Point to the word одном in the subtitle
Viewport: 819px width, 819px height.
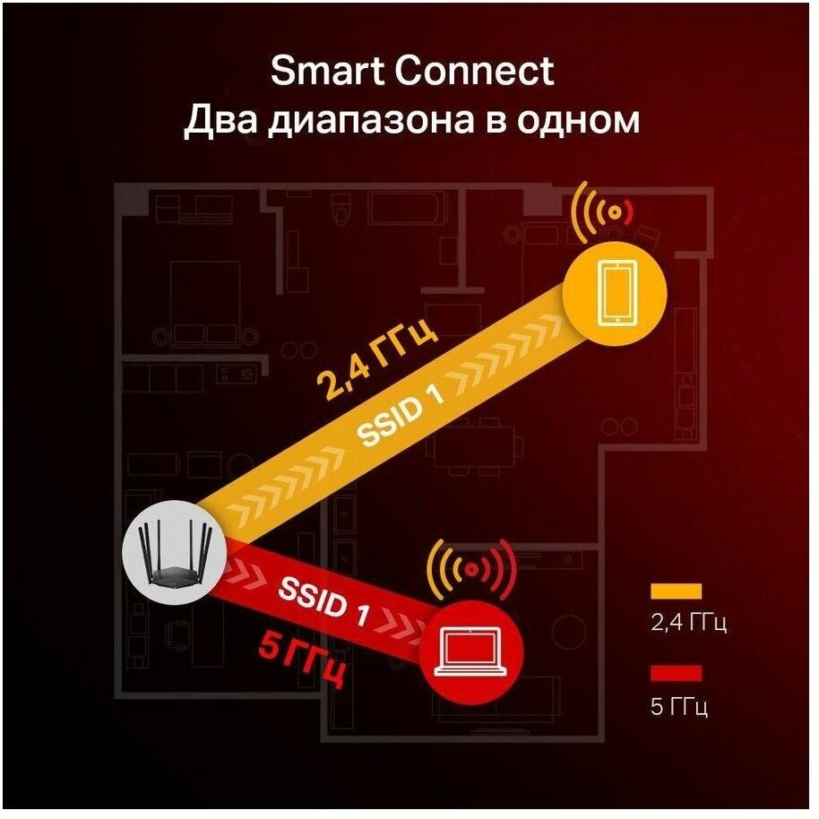click(586, 121)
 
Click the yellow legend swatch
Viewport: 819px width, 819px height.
click(677, 591)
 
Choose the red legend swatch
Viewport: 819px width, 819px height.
click(677, 673)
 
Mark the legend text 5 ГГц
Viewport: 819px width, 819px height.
click(678, 707)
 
